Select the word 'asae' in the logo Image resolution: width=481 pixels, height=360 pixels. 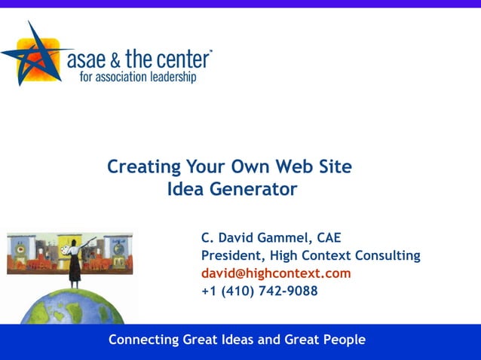[x=84, y=59]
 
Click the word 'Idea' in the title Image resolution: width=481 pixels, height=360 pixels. [x=186, y=189]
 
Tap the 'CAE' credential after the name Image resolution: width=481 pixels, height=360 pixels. [x=329, y=238]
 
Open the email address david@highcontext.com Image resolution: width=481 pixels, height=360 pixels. [x=276, y=273]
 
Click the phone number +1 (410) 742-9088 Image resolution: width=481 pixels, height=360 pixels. [x=259, y=291]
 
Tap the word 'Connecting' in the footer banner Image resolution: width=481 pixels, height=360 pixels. [x=144, y=340]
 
